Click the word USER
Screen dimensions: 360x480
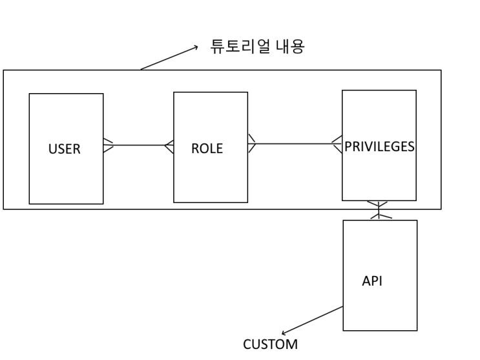[65, 149]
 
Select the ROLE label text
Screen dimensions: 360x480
[207, 148]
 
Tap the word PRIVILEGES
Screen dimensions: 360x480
[379, 146]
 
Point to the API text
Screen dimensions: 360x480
[372, 282]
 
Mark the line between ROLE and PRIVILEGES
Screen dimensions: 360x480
[295, 143]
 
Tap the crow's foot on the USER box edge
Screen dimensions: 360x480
[109, 145]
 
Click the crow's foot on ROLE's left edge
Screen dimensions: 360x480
[169, 145]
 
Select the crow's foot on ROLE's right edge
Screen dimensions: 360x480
[252, 143]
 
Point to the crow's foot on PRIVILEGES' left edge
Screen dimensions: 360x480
[337, 143]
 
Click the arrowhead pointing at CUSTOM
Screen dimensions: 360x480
[284, 334]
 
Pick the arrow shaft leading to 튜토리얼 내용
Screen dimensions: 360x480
[168, 58]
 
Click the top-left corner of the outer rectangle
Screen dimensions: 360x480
[3, 70]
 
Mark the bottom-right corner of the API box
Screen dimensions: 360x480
[417, 330]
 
